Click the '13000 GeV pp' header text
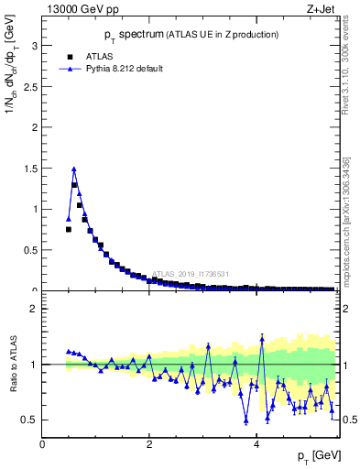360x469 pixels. click(80, 10)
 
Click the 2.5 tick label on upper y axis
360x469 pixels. click(30, 86)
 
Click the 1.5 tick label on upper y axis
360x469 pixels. click(30, 168)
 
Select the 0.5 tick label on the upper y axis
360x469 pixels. click(30, 250)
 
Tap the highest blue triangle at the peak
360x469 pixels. click(73, 169)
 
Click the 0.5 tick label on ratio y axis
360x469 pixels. click(30, 420)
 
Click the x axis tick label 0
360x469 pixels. click(42, 444)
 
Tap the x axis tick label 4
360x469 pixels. click(256, 444)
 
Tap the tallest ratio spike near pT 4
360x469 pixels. click(262, 338)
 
